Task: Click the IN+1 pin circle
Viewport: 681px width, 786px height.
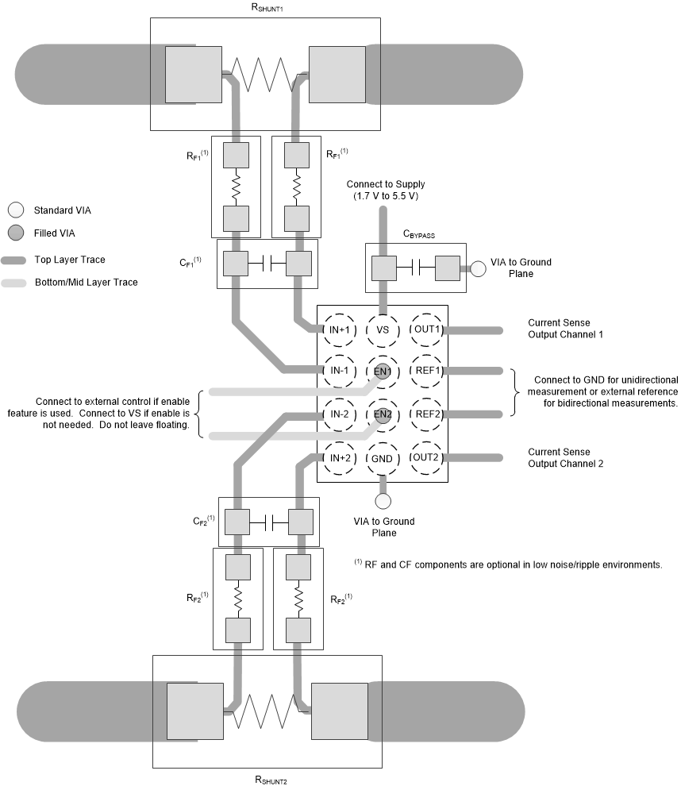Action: tap(340, 330)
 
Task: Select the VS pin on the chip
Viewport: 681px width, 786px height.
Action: tap(383, 330)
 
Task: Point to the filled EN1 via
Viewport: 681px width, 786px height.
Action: tap(383, 371)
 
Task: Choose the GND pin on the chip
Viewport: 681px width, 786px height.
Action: tap(383, 457)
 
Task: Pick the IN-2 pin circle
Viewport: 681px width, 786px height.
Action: tap(340, 414)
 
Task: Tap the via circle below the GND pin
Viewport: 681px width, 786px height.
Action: tap(383, 501)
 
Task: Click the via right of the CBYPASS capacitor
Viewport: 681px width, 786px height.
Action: tap(479, 268)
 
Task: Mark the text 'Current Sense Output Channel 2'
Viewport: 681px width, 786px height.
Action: tap(565, 457)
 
